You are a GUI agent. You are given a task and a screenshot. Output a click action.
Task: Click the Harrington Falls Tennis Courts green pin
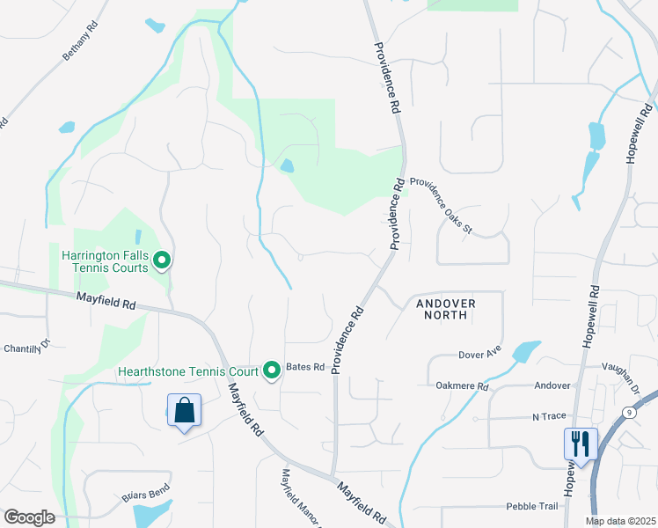pos(162,260)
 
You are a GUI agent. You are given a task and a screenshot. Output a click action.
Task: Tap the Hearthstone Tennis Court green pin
pos(272,370)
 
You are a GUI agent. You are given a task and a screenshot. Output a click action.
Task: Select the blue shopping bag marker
pos(184,411)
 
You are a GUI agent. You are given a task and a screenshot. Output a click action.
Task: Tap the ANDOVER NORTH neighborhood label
pos(445,310)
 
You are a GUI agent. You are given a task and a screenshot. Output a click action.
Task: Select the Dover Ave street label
pos(479,355)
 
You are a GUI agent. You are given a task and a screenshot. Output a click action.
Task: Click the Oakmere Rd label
pos(462,385)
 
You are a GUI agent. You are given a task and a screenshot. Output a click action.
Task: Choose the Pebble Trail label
pos(532,506)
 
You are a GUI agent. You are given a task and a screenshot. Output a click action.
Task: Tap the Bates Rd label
pos(306,366)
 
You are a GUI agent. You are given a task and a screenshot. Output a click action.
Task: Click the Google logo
pos(28,517)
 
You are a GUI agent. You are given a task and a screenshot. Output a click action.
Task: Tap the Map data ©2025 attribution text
pos(621,521)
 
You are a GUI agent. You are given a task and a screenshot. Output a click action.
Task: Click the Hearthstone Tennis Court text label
pos(188,371)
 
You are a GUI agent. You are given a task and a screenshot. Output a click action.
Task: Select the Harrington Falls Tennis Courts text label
pos(104,261)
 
